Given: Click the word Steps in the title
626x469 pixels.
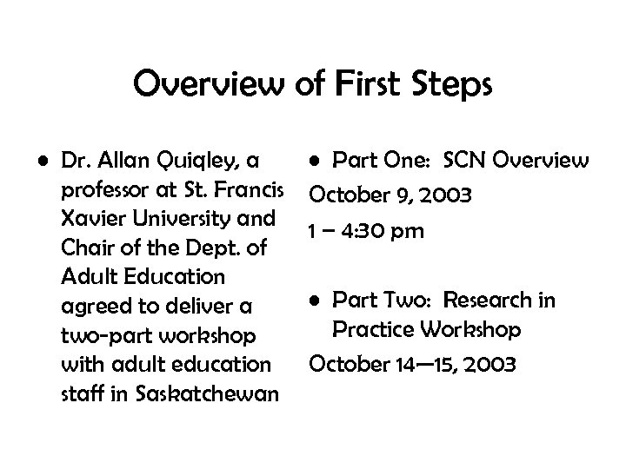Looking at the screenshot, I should tap(447, 86).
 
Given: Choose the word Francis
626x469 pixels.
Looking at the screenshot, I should tap(245, 189).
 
